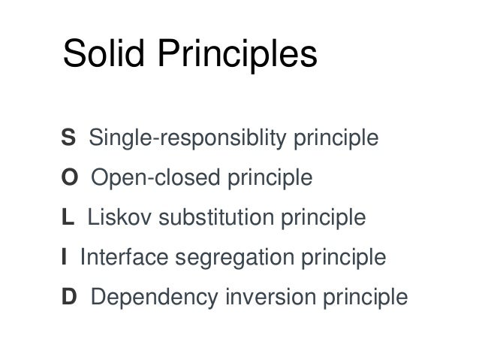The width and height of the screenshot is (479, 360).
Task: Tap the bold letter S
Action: pyautogui.click(x=68, y=139)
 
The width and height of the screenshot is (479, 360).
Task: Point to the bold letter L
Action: pyautogui.click(x=68, y=219)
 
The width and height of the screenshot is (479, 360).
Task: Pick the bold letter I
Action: pyautogui.click(x=65, y=259)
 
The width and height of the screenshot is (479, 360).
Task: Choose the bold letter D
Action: pyautogui.click(x=69, y=298)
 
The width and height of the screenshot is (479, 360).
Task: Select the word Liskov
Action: pyautogui.click(x=113, y=219)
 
